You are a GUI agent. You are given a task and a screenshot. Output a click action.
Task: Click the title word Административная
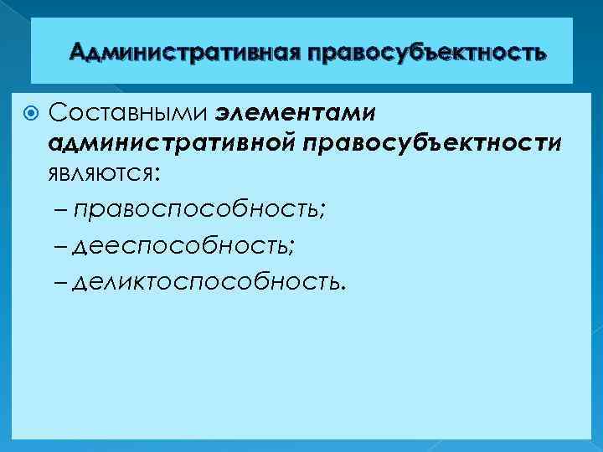[185, 54]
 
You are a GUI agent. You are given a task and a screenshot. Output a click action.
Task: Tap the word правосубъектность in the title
[427, 54]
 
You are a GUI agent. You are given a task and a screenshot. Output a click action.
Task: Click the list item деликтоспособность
[206, 282]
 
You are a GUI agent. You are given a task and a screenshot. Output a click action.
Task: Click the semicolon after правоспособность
[322, 213]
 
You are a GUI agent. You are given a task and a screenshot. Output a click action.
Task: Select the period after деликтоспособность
[341, 286]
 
